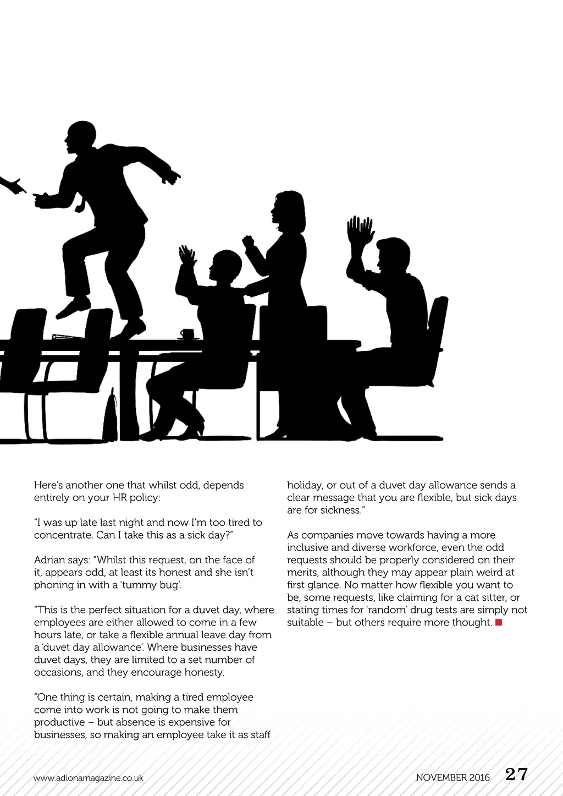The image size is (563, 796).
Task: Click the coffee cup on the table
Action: [187, 333]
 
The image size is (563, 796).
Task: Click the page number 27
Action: [516, 775]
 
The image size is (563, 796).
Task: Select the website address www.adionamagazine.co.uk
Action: [88, 778]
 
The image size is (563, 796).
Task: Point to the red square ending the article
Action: [499, 622]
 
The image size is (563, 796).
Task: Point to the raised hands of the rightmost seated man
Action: [360, 231]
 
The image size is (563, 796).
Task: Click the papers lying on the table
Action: [68, 337]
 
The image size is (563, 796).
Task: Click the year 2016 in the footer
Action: [479, 778]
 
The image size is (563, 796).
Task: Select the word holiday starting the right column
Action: [305, 486]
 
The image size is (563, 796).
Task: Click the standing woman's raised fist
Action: [249, 241]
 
